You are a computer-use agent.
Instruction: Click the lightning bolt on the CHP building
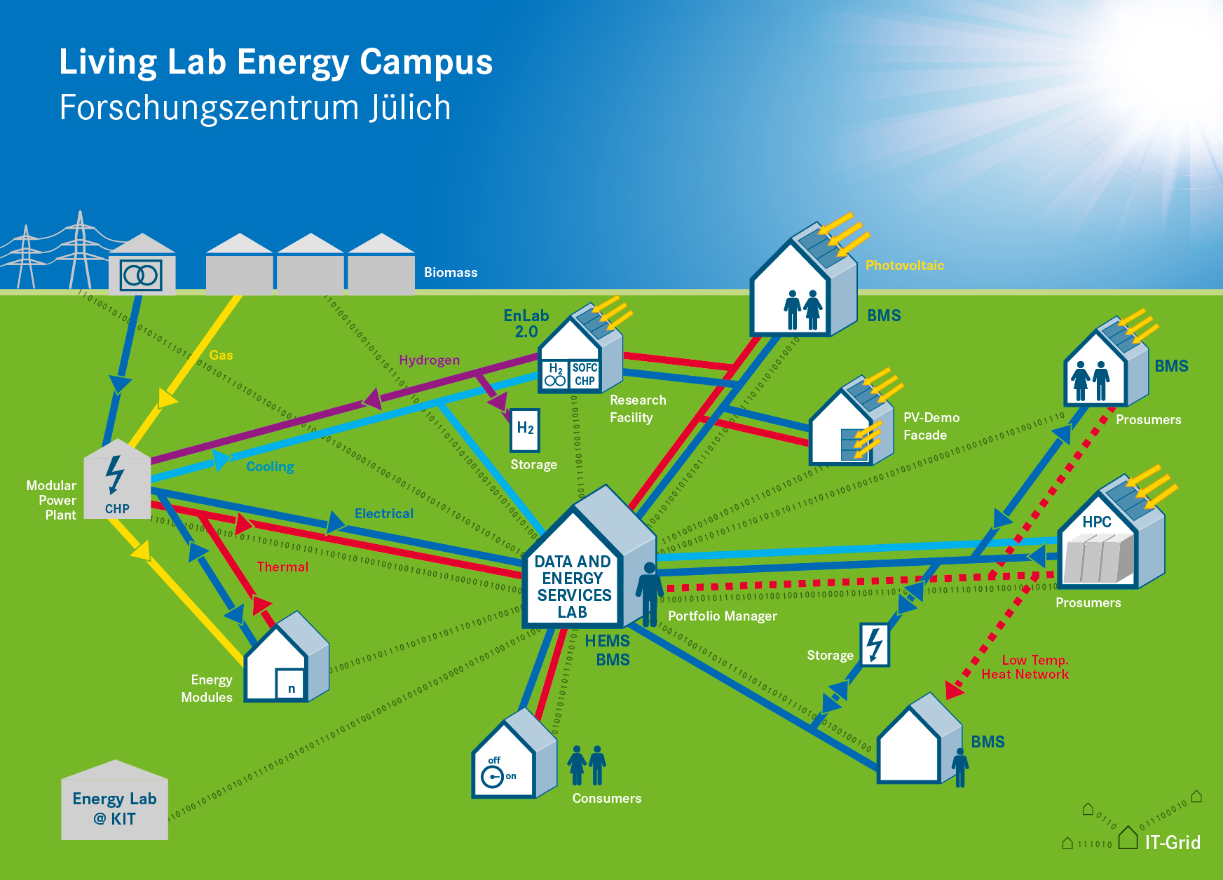[114, 475]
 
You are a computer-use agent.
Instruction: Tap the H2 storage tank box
[525, 429]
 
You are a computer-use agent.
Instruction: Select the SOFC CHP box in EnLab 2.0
[585, 374]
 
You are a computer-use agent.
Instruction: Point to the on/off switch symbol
[493, 776]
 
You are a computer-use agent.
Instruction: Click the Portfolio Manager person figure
[650, 593]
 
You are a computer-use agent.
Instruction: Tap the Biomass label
[451, 272]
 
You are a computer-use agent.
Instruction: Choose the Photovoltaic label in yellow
[904, 265]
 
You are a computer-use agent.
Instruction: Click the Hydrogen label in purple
[429, 360]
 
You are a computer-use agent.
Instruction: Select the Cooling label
[270, 466]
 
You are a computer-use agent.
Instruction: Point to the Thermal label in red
[282, 567]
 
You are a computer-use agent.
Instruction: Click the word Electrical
[384, 513]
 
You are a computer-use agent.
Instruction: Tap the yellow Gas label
[221, 355]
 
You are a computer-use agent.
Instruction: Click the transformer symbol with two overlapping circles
[142, 275]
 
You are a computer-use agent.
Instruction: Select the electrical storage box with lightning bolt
[875, 644]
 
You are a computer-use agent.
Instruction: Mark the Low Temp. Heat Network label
[1025, 667]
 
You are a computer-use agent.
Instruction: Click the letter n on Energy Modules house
[292, 688]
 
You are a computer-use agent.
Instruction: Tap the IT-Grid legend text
[1173, 842]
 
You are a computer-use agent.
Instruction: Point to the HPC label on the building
[1096, 522]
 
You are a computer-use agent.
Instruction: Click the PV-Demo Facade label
[931, 426]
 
